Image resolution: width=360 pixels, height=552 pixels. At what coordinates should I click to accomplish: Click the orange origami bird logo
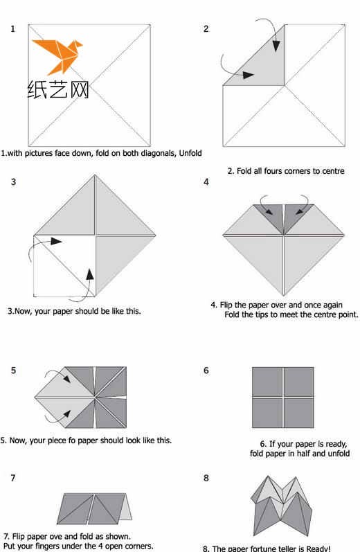pos(58,56)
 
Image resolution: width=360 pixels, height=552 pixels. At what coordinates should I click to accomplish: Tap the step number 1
pos(13,28)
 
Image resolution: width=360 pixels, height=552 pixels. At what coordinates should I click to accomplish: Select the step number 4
pos(206,182)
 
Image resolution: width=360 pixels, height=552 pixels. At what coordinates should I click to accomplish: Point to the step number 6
pos(206,371)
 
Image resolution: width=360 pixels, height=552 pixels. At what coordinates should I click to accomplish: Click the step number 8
pos(206,478)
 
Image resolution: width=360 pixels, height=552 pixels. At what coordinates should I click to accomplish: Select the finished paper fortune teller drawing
pos(282,506)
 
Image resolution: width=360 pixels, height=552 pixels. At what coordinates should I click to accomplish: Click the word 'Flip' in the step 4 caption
pos(226,305)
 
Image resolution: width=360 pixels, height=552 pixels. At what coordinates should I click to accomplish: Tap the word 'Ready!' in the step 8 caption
pos(318,549)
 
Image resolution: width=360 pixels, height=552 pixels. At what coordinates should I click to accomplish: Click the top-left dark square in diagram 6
pos(267,382)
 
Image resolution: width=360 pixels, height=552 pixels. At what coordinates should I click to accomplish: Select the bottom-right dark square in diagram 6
pos(299,413)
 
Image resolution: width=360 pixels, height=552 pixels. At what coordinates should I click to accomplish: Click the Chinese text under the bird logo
pos(58,89)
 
